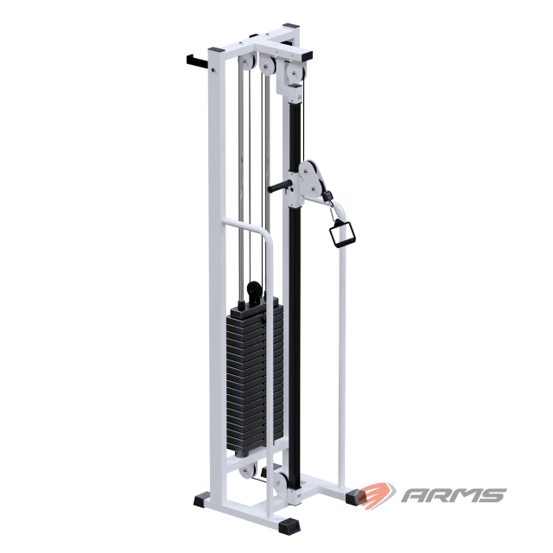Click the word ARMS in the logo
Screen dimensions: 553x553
(x=454, y=495)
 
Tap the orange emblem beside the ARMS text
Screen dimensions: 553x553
(x=376, y=495)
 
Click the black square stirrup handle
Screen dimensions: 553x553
(x=342, y=232)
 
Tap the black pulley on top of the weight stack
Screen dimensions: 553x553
(x=254, y=291)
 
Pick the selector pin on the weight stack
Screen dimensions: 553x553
(x=263, y=320)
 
